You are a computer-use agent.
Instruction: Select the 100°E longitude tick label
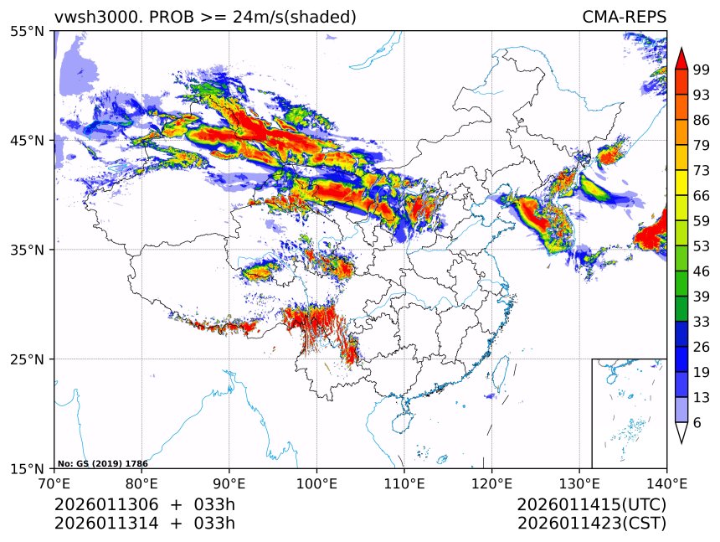coord(316,483)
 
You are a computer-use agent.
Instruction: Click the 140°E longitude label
coord(666,483)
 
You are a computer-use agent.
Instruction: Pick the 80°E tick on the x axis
coord(141,483)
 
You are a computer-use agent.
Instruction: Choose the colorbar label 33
coord(702,321)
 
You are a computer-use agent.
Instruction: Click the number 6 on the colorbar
coord(697,423)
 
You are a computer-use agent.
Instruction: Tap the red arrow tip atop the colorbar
coord(681,59)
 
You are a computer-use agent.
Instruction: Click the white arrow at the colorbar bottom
coord(681,432)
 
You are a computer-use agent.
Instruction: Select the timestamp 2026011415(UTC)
coord(591,505)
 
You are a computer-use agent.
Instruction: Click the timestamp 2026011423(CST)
coord(591,524)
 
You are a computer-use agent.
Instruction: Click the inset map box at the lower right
coord(629,413)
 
